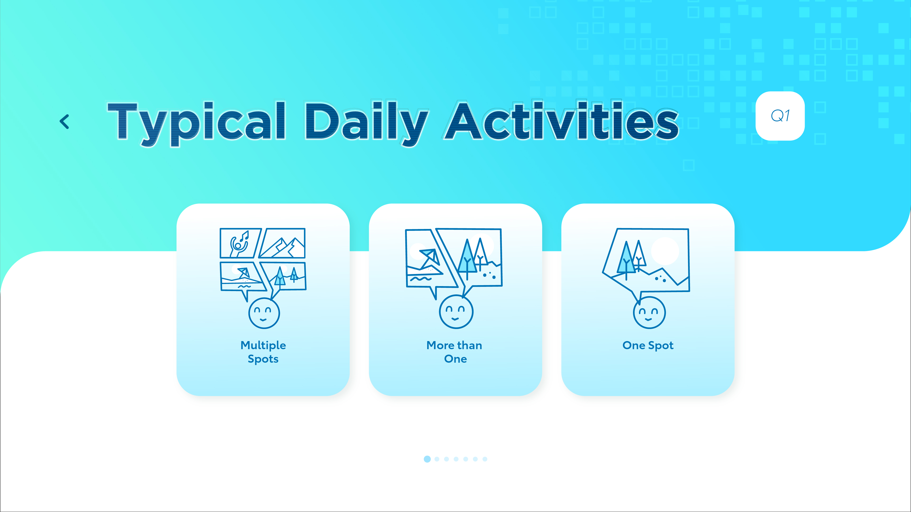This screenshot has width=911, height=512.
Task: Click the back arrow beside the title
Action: [x=64, y=122]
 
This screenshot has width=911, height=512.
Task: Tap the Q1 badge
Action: [x=780, y=116]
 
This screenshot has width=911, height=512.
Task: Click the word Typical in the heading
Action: [x=196, y=124]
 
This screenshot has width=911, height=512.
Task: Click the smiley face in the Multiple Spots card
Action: [x=264, y=313]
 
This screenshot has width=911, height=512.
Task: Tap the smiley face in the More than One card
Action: [x=456, y=312]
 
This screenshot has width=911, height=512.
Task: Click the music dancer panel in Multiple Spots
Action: [x=240, y=243]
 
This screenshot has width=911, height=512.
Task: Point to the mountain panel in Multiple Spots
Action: [x=282, y=243]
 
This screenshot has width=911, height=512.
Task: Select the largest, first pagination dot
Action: [x=427, y=459]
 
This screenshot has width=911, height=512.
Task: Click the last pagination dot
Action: [x=485, y=459]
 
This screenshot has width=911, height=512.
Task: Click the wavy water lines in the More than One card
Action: [x=421, y=279]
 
